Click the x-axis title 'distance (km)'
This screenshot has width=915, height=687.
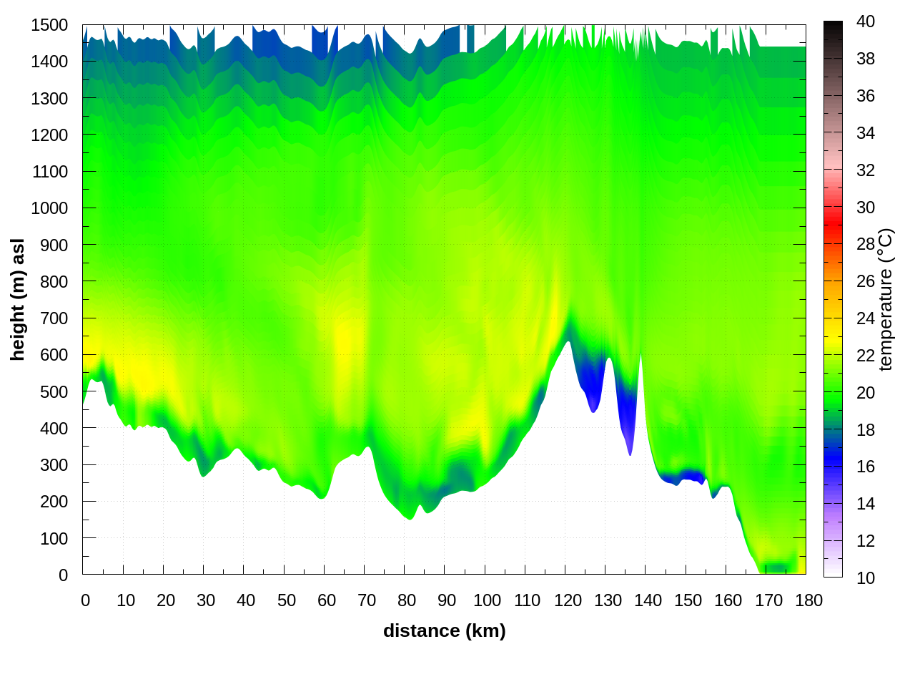coord(444,630)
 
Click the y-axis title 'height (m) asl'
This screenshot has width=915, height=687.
coord(18,299)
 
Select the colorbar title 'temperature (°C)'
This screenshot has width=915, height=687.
coord(885,299)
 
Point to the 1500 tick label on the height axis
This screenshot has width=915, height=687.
coord(49,25)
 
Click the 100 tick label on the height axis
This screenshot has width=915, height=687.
coord(54,538)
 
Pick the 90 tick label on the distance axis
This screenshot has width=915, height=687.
coord(447,600)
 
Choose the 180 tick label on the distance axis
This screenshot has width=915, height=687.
coord(808,600)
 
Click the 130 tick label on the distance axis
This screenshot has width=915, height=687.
coord(608,600)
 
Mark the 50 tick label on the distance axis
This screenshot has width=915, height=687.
coord(286,600)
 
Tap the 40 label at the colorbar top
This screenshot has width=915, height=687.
coord(865,21)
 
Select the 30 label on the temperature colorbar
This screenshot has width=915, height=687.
coord(865,208)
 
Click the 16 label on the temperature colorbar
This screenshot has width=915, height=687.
coord(865,467)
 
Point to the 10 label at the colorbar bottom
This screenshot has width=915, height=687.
coord(865,578)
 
